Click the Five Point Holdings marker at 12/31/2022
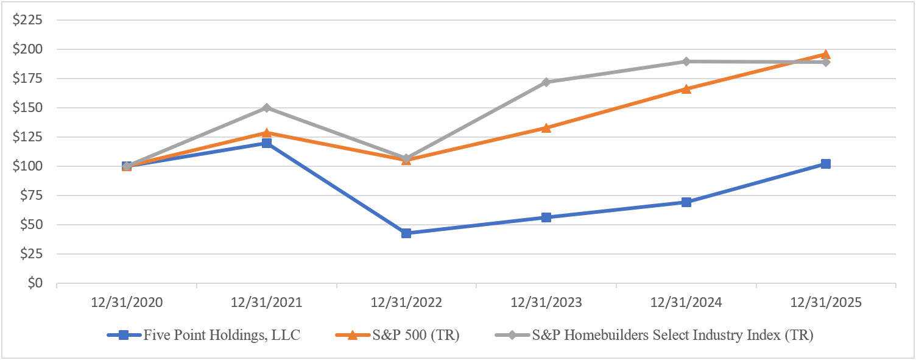[406, 233]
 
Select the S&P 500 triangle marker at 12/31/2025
[826, 54]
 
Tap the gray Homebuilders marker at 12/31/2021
[267, 108]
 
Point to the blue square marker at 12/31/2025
[826, 164]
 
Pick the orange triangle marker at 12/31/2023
[546, 128]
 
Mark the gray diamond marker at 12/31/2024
[686, 62]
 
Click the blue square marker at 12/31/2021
[267, 143]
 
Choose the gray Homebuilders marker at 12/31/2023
[546, 82]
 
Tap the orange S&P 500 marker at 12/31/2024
[686, 89]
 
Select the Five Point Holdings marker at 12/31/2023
[546, 217]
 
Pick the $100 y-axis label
[30, 166]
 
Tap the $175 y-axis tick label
[30, 79]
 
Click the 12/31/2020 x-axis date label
[127, 303]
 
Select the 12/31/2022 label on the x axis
[406, 303]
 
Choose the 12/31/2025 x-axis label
[826, 303]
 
